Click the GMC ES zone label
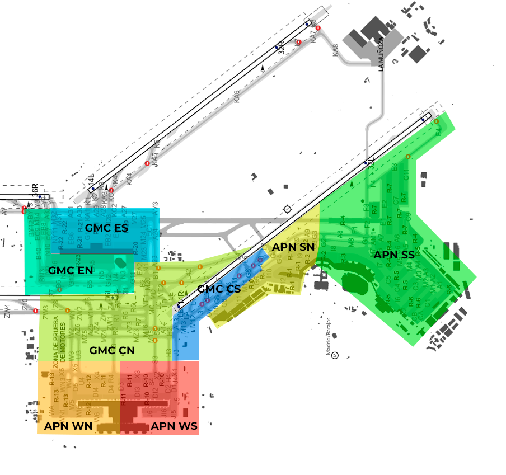(x=106, y=228)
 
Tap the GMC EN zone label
(x=71, y=270)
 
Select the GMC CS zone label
(x=219, y=289)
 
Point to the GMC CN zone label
(x=112, y=350)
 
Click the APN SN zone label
(x=293, y=247)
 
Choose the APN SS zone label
(x=394, y=255)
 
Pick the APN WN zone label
(x=68, y=426)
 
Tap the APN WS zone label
(x=174, y=426)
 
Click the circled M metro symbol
(x=334, y=354)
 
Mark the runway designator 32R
(x=282, y=47)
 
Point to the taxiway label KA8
(x=336, y=50)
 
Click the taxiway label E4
(x=438, y=132)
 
